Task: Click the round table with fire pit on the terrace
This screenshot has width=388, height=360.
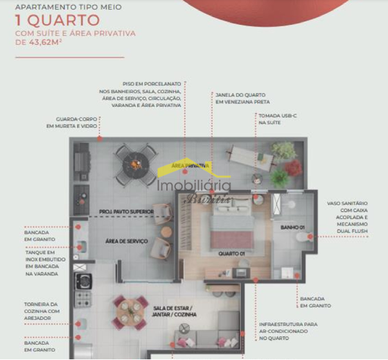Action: click(x=136, y=164)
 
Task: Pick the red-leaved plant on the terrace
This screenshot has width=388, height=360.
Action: click(x=294, y=167)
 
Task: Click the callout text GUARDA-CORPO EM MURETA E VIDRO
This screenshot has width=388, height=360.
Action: click(x=71, y=122)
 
